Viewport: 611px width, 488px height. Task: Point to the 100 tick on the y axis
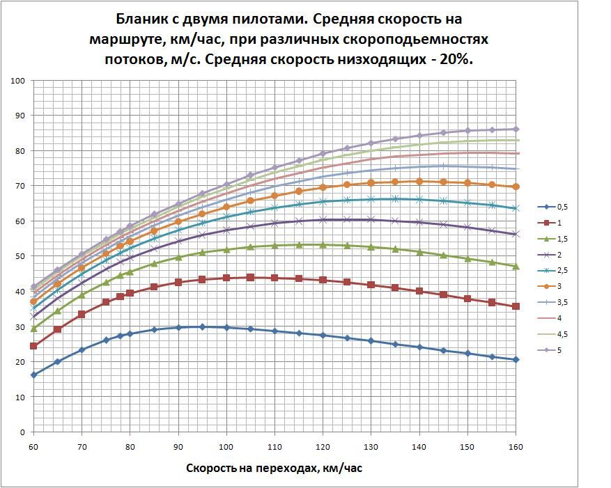click(x=19, y=81)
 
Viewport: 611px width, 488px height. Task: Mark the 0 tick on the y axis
click(x=23, y=432)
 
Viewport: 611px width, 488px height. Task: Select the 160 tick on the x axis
click(x=516, y=445)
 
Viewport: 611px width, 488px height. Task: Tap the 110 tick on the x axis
click(x=274, y=445)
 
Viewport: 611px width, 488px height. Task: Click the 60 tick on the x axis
click(x=33, y=445)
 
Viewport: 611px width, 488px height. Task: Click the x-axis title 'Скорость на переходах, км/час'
click(x=274, y=468)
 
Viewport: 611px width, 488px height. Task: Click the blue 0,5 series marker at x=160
click(x=516, y=359)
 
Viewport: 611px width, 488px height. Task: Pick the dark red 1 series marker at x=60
click(x=33, y=346)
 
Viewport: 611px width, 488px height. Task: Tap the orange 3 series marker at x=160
click(x=516, y=187)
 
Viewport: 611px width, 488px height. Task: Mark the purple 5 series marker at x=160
click(x=516, y=129)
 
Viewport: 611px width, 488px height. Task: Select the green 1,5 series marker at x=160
click(x=516, y=267)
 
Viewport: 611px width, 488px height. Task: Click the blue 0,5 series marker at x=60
click(x=33, y=375)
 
